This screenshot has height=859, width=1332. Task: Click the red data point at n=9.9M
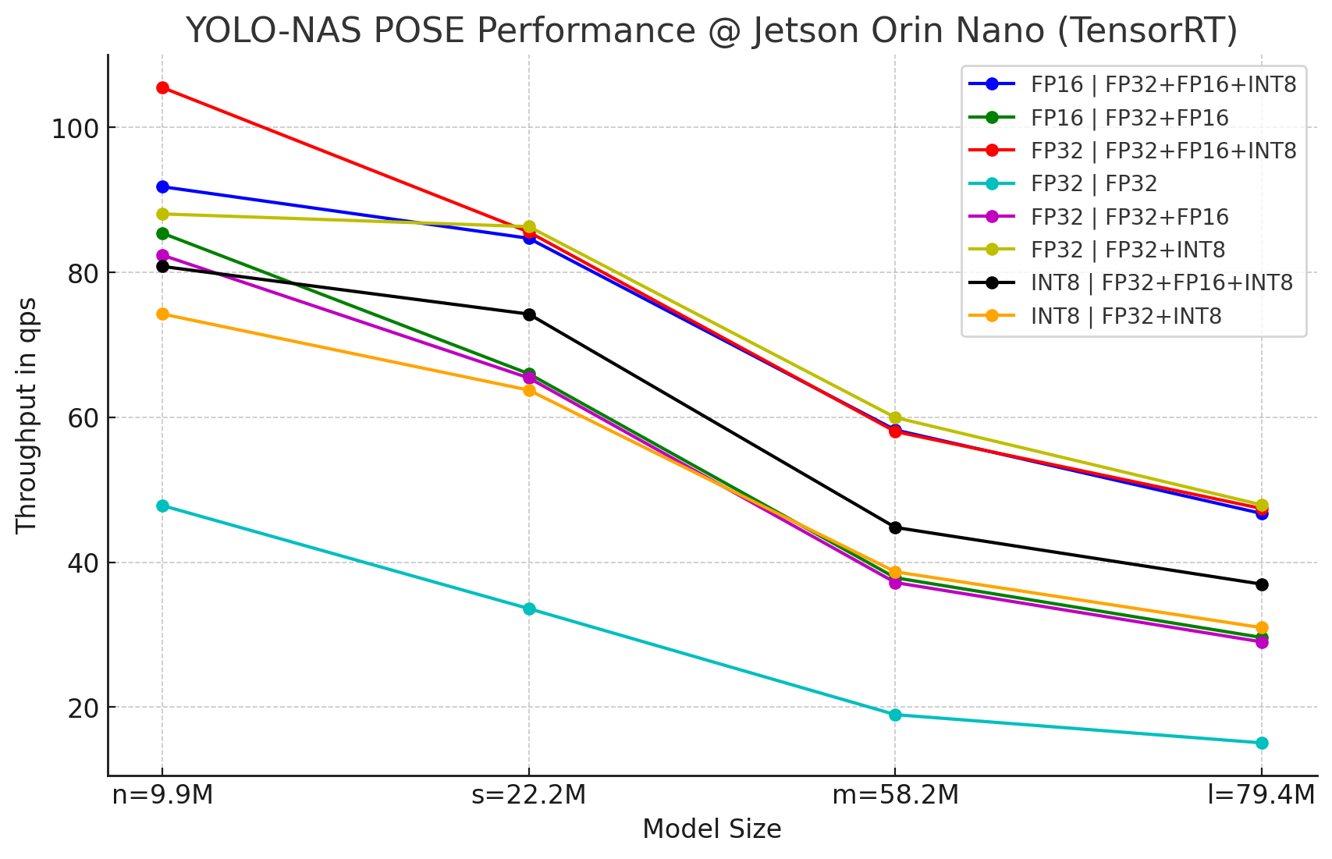click(x=162, y=88)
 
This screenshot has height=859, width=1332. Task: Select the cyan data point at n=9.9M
click(x=162, y=506)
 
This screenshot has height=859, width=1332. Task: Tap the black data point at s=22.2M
click(x=529, y=315)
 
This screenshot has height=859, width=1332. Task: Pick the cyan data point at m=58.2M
click(x=895, y=715)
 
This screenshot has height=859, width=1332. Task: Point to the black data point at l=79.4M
click(x=1262, y=584)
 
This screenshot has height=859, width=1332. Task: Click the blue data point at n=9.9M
click(x=162, y=187)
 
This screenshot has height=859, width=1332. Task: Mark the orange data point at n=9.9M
click(x=162, y=314)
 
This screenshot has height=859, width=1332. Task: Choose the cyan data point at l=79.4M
click(x=1262, y=743)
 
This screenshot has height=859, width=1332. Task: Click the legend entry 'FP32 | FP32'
click(x=1094, y=184)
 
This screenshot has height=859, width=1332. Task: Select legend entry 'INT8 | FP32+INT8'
click(x=1126, y=316)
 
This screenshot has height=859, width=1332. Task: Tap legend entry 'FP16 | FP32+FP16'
click(x=1129, y=118)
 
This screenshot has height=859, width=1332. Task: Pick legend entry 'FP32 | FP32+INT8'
click(x=1128, y=250)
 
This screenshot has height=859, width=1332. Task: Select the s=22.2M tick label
click(x=529, y=796)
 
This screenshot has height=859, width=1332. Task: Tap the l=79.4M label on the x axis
click(x=1262, y=796)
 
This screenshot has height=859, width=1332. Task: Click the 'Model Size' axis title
click(x=712, y=829)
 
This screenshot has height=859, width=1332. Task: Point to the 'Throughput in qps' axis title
click(x=27, y=415)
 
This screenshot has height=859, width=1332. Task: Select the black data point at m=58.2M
click(x=895, y=528)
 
